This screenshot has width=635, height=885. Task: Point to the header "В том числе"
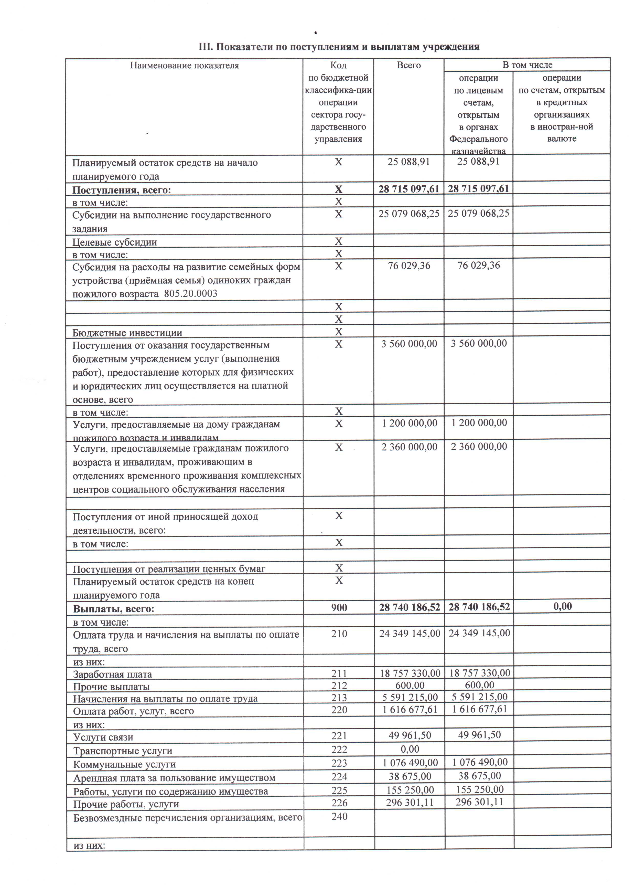point(527,65)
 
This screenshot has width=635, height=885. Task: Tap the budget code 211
point(339,673)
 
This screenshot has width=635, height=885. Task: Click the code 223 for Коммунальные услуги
point(339,763)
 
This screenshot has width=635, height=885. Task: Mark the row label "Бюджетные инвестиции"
point(127,333)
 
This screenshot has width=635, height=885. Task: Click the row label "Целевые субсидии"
point(115,242)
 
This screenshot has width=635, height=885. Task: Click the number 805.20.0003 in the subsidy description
point(190,293)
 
